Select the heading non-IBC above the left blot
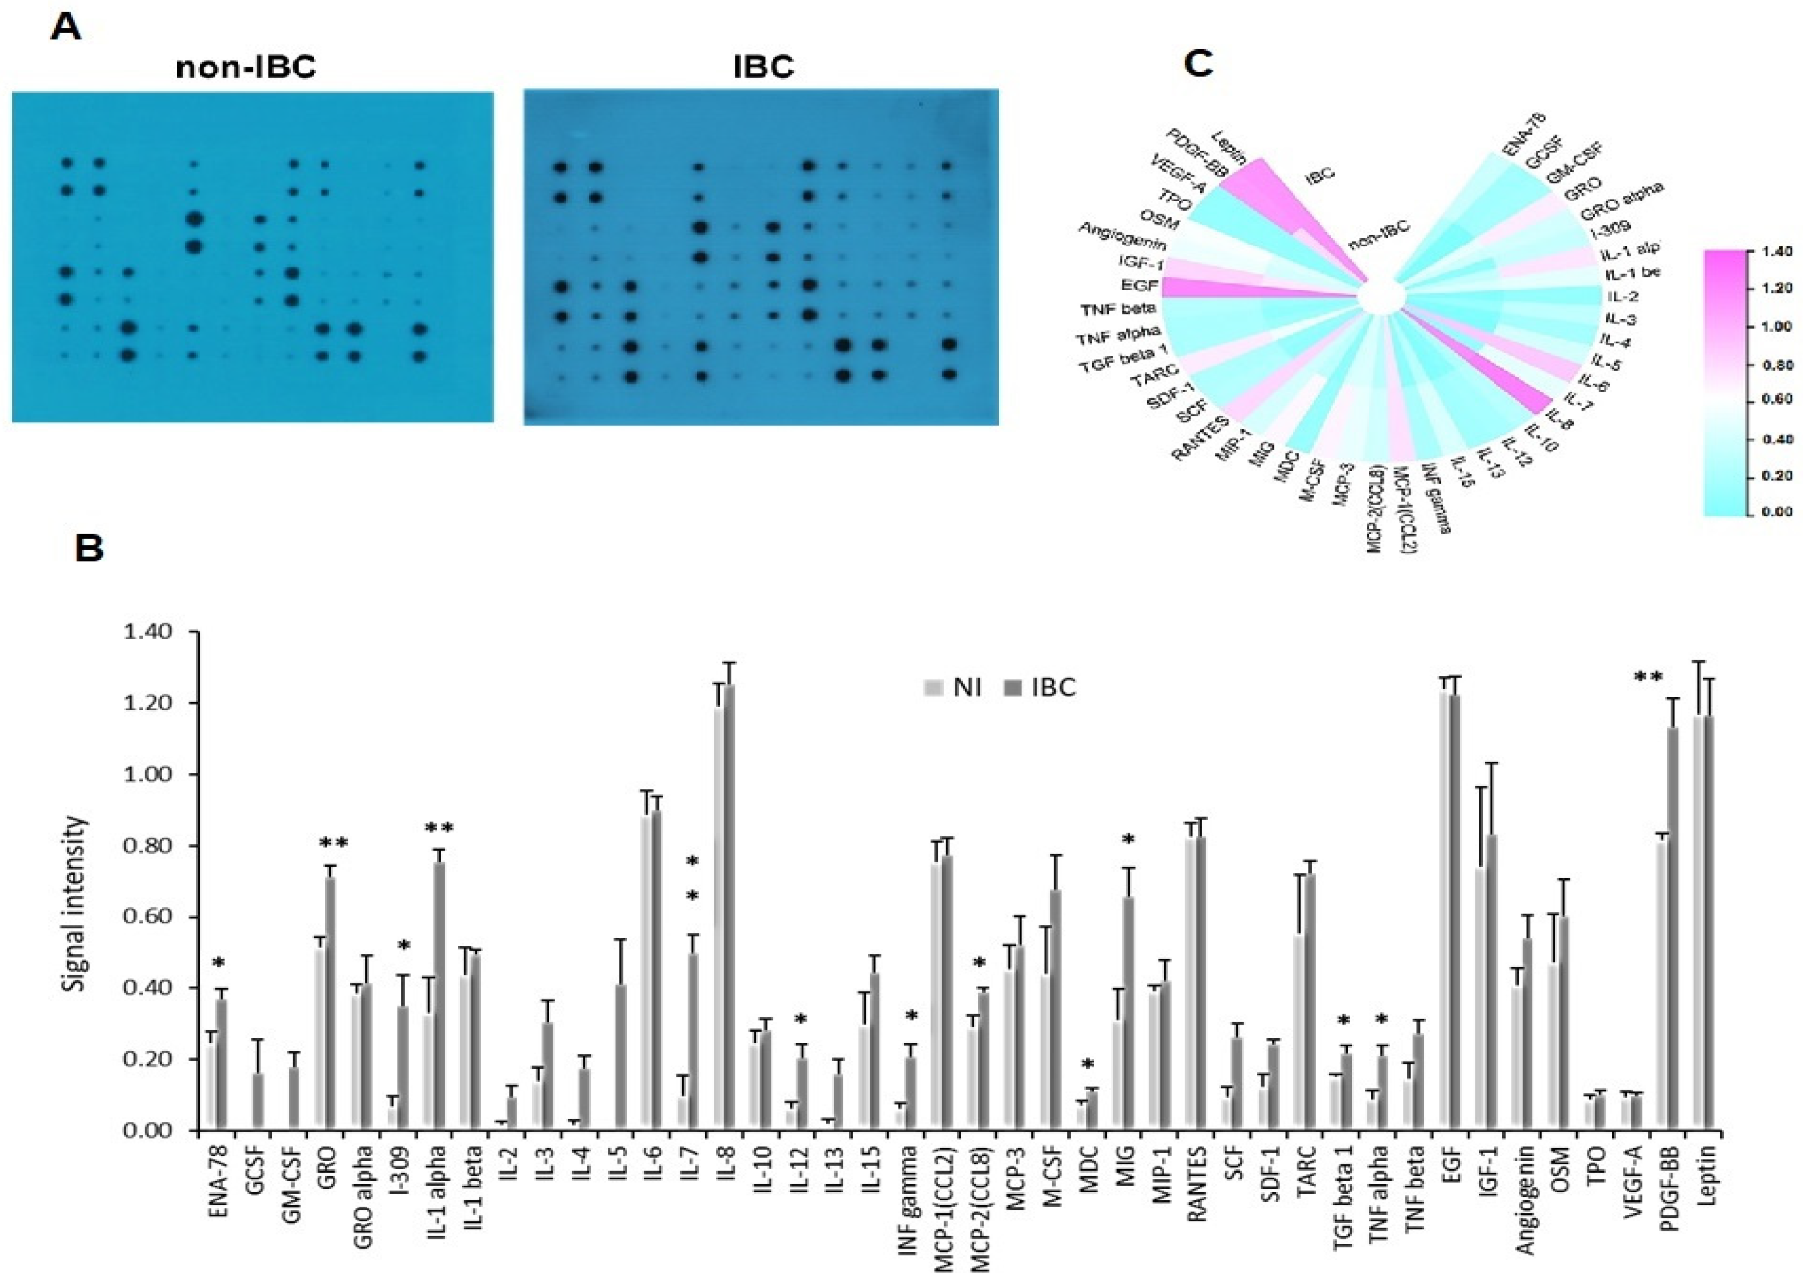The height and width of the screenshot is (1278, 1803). [x=245, y=68]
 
